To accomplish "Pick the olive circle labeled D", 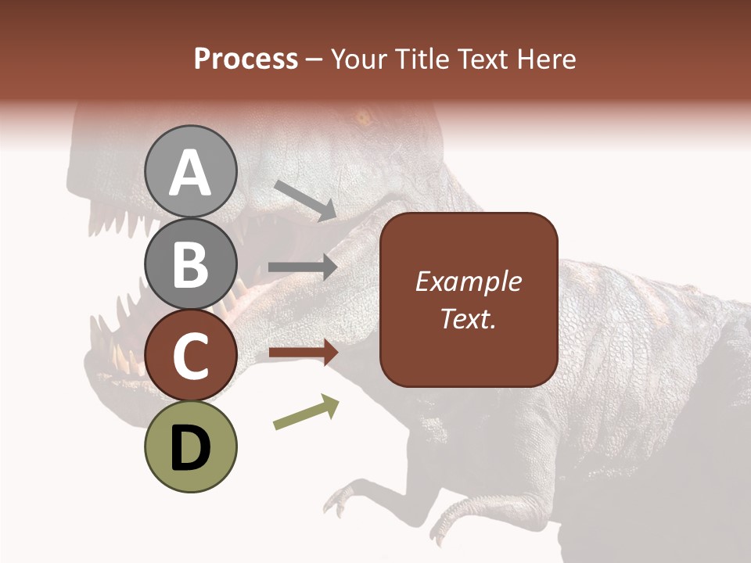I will (x=190, y=446).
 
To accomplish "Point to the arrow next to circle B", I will (x=303, y=267).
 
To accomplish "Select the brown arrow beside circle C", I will (x=303, y=353).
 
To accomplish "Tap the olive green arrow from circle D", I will (x=306, y=412).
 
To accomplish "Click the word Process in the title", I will (x=246, y=59).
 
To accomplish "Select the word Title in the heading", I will (x=425, y=59).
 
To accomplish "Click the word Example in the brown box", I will (x=468, y=281).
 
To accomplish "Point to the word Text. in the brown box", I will (x=468, y=319).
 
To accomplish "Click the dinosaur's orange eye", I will (x=362, y=119).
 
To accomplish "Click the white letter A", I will (x=190, y=174).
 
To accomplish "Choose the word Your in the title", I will (x=361, y=59).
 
